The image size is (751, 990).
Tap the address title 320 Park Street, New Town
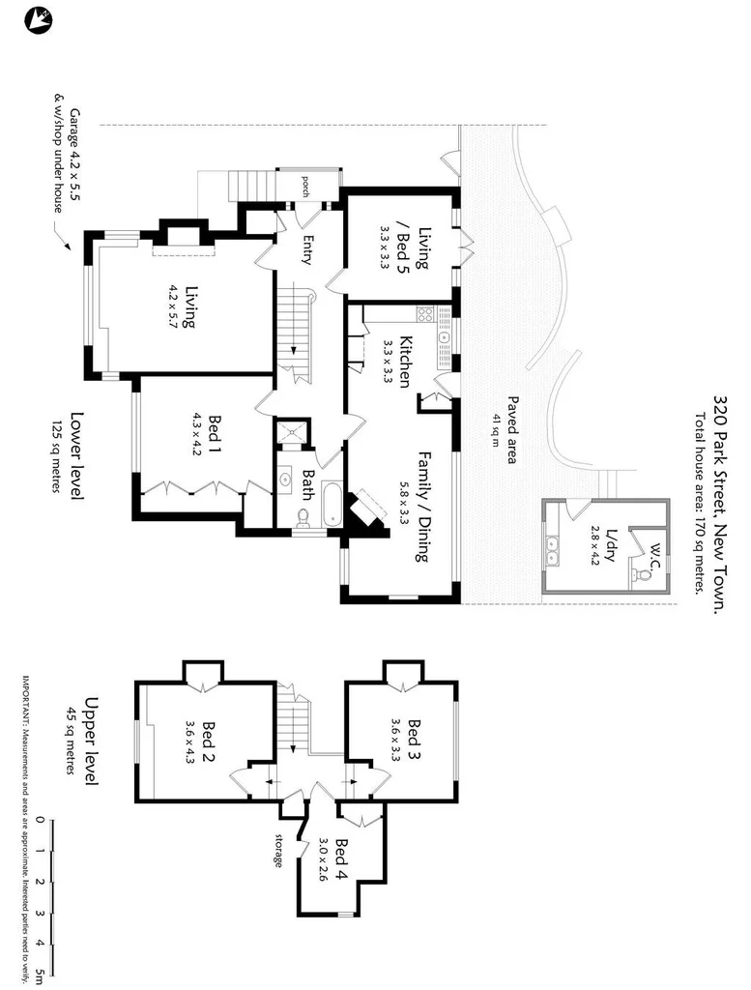pos(719,502)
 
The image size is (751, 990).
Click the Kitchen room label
pos(407,362)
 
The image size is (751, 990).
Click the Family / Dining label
pos(423,506)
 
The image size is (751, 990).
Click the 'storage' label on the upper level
pos(279,849)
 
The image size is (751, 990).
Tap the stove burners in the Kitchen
pos(422,313)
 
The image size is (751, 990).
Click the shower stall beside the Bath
pos(291,434)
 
